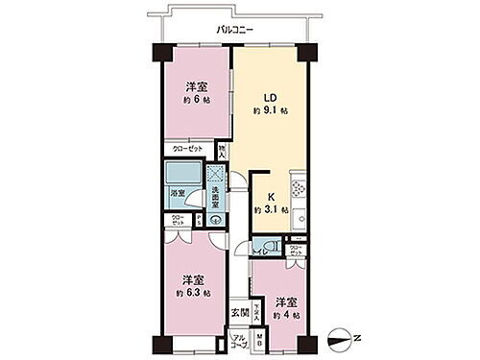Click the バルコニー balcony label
[233, 30]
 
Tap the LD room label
[272, 96]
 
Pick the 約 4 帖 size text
[286, 315]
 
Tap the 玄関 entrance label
[240, 312]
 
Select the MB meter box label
[257, 340]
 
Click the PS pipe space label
[198, 219]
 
